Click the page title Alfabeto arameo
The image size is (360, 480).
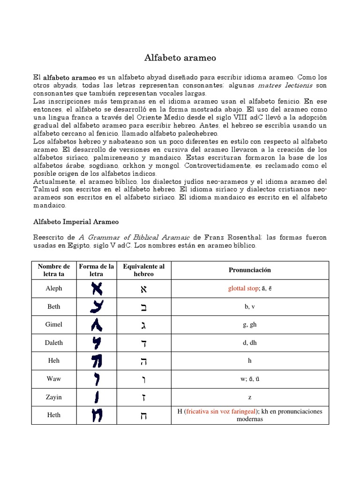click(x=180, y=58)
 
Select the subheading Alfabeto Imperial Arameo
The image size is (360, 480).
click(x=75, y=221)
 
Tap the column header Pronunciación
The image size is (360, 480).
click(x=249, y=270)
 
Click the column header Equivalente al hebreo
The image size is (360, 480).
click(x=143, y=270)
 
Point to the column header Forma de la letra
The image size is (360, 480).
click(x=97, y=270)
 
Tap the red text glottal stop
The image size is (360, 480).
click(x=242, y=288)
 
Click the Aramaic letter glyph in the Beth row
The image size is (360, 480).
click(x=97, y=307)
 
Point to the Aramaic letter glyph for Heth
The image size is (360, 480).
click(x=97, y=415)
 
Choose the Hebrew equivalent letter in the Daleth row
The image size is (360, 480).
click(x=143, y=343)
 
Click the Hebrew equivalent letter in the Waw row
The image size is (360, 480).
click(x=143, y=379)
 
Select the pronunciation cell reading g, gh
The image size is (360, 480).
click(x=249, y=324)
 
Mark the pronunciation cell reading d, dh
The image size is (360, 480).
click(x=249, y=343)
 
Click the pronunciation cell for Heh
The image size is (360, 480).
click(x=249, y=361)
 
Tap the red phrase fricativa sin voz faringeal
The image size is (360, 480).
click(x=218, y=412)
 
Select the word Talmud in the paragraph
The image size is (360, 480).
click(x=47, y=189)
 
